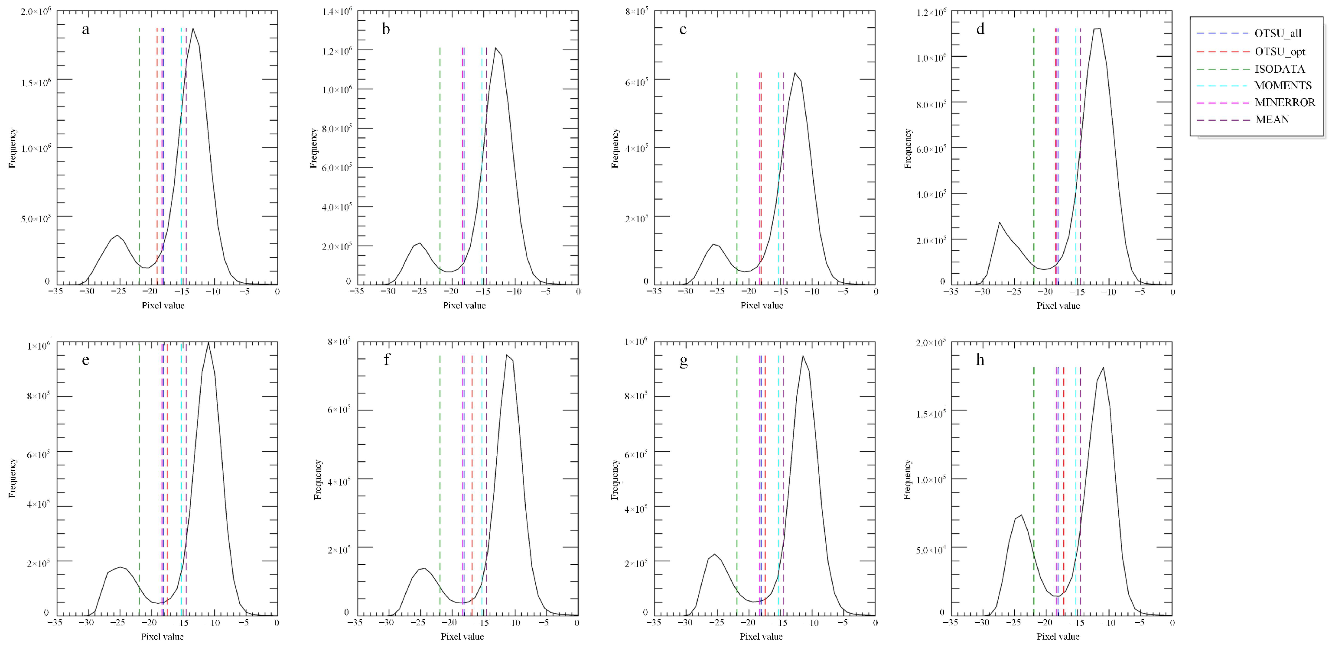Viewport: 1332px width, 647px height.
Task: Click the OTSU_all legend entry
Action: [x=1277, y=33]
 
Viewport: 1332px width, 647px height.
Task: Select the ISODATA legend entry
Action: [x=1279, y=69]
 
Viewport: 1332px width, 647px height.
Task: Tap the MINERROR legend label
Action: [x=1284, y=102]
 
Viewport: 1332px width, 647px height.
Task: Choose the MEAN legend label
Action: [x=1272, y=120]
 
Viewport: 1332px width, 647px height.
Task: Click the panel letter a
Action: [x=85, y=29]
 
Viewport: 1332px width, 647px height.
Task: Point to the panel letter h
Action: [x=980, y=360]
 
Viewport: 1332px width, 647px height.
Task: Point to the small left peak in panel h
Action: [x=1021, y=515]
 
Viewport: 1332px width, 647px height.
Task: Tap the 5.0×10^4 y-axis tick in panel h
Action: [x=931, y=549]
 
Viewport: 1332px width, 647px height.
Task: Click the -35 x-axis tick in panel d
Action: [x=951, y=291]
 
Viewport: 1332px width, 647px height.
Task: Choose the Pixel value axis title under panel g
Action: [x=761, y=637]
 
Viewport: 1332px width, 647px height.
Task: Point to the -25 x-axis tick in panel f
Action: [x=419, y=623]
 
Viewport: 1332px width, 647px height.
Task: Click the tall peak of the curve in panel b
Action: [x=495, y=48]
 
